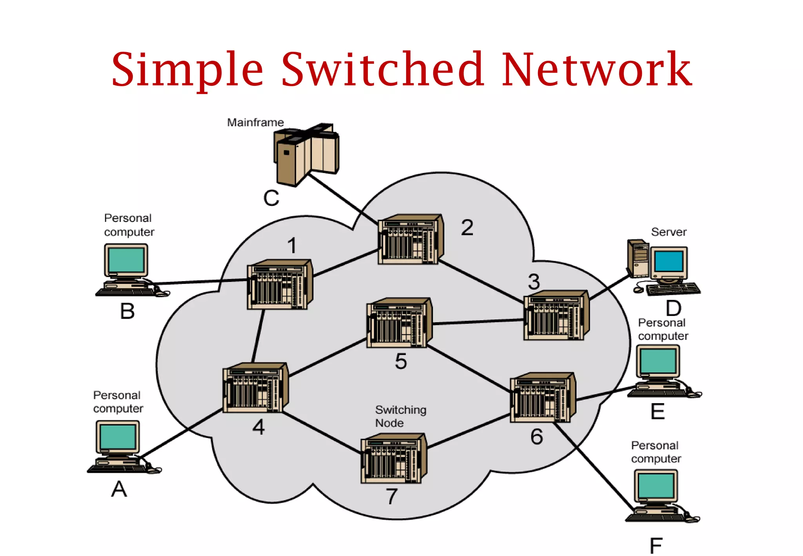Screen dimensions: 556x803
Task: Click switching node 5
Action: [399, 323]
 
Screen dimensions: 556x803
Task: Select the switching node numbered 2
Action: [410, 240]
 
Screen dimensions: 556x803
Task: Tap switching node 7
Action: [393, 458]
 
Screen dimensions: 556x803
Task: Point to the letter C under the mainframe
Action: [271, 198]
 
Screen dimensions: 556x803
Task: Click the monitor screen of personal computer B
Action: [126, 260]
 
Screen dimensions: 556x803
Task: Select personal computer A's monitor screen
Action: [118, 437]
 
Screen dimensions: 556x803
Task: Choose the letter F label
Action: [656, 545]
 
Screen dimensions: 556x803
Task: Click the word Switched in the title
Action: [382, 70]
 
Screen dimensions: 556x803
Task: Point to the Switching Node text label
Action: [400, 416]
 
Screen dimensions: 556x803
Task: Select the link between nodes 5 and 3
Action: [478, 322]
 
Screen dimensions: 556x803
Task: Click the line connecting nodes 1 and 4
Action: [258, 336]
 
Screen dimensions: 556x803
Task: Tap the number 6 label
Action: [536, 437]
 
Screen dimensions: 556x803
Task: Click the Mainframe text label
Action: [255, 122]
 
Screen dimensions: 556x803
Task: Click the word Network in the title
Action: [596, 70]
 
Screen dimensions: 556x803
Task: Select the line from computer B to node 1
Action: [200, 282]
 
